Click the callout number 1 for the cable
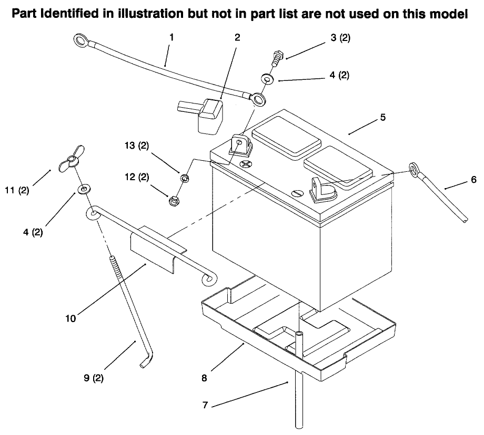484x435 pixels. pos(172,37)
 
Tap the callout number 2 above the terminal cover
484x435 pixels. pos(237,37)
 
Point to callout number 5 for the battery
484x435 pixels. pos(383,117)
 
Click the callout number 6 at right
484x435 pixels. pos(473,180)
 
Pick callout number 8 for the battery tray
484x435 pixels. pos(204,377)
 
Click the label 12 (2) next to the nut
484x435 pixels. pos(136,178)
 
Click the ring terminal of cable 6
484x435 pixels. pos(414,169)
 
